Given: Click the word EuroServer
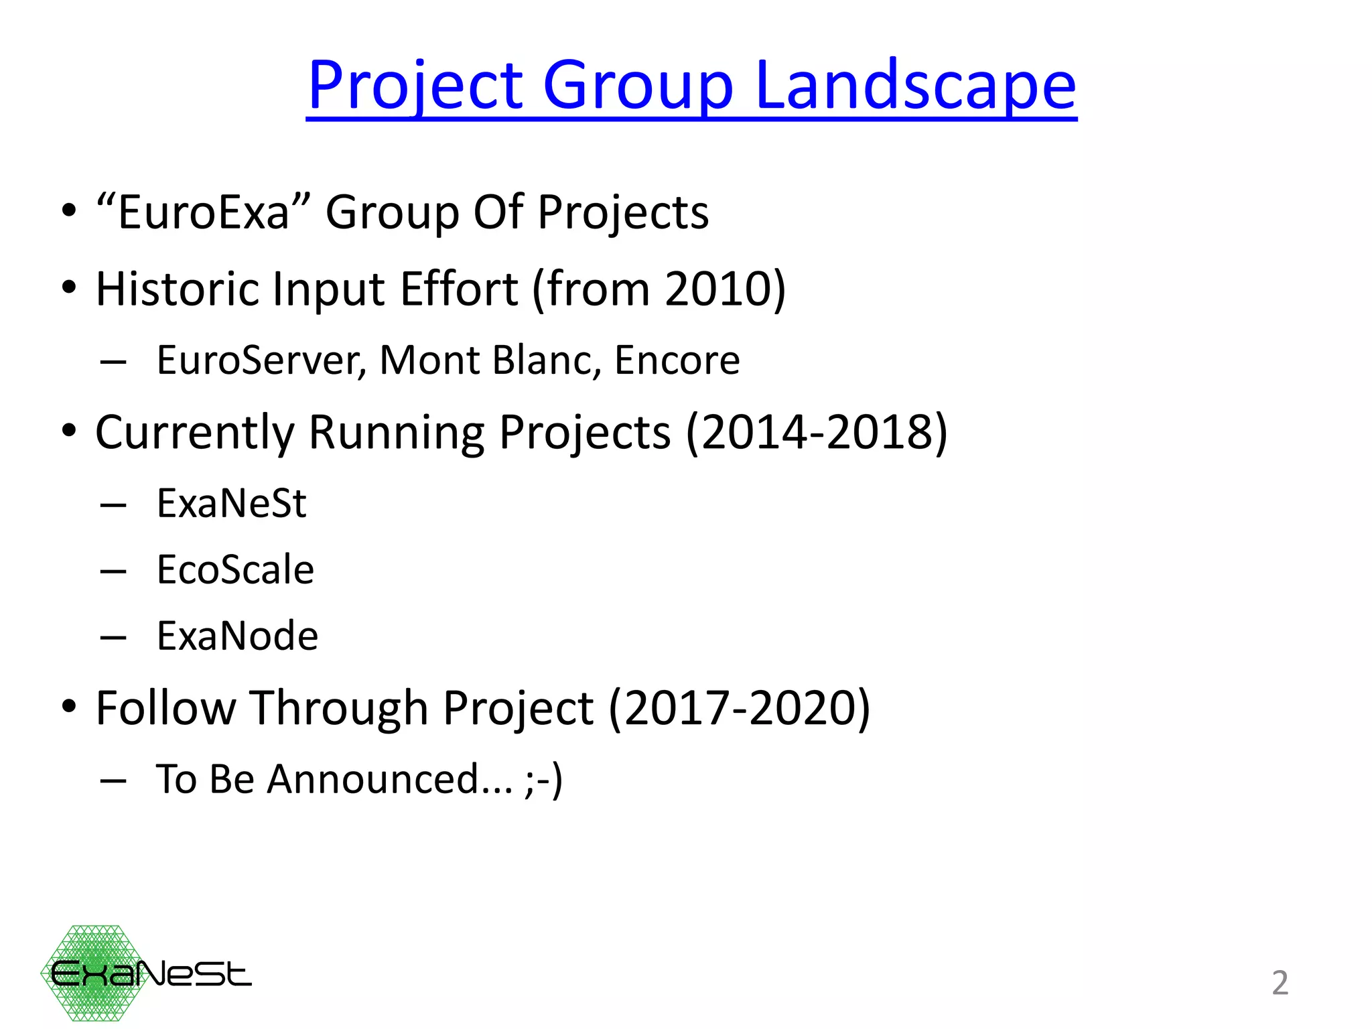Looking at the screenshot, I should pyautogui.click(x=261, y=360).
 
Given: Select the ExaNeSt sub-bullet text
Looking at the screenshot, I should pyautogui.click(x=231, y=503).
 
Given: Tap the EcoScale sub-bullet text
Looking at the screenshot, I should pyautogui.click(x=235, y=570).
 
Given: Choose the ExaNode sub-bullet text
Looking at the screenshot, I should pyautogui.click(x=237, y=636).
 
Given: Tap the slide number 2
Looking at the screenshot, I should pyautogui.click(x=1280, y=983).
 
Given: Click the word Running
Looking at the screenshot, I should pyautogui.click(x=395, y=432).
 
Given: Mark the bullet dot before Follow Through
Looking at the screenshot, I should pyautogui.click(x=69, y=707).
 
